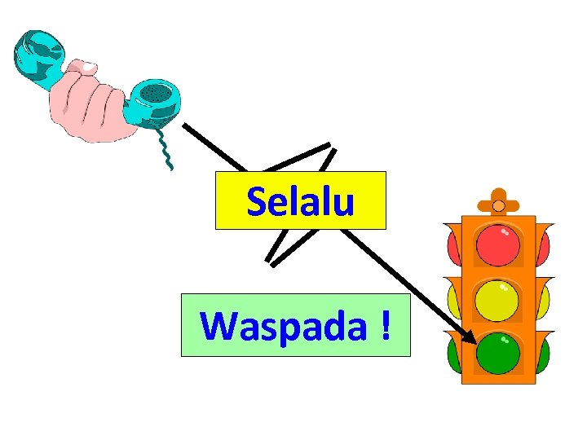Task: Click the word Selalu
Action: click(300, 201)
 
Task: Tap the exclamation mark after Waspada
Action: click(383, 325)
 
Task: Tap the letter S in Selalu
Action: click(255, 201)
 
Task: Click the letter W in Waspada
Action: click(218, 326)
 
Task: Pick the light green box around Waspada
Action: click(196, 346)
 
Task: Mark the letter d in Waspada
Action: click(335, 325)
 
